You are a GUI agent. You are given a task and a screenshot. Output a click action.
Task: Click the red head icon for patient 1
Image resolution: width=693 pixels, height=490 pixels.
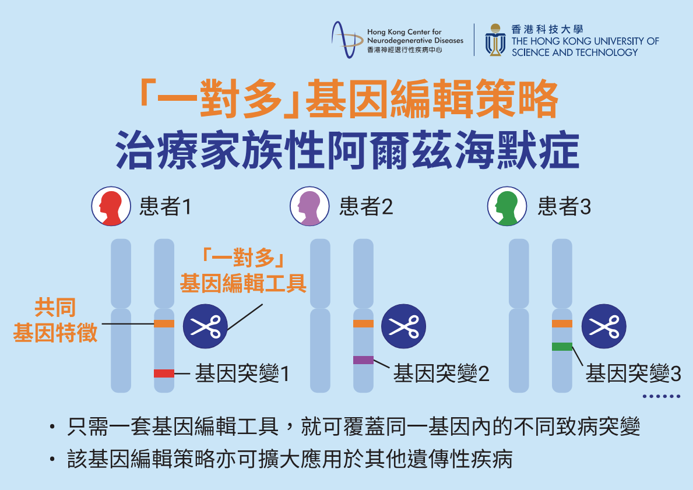(x=110, y=206)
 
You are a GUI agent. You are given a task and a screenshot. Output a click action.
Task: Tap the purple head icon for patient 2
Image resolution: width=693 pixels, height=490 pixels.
(x=309, y=206)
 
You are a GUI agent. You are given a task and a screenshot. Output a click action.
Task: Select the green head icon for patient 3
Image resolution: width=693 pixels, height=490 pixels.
(x=506, y=206)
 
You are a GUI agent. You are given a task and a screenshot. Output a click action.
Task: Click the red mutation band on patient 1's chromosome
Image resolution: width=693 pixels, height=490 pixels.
(x=164, y=373)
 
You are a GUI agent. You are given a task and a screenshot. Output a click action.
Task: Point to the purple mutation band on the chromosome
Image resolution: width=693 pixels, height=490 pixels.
(x=363, y=360)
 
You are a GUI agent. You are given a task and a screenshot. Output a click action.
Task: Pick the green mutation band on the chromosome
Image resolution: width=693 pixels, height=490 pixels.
(x=562, y=347)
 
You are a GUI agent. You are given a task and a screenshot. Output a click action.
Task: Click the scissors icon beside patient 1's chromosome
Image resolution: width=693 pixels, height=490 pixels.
(x=205, y=326)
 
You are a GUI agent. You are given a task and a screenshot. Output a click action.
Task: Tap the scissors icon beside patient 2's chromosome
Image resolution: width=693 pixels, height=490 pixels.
(x=403, y=326)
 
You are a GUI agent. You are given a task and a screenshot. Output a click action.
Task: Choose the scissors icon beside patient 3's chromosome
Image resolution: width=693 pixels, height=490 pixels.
(x=603, y=326)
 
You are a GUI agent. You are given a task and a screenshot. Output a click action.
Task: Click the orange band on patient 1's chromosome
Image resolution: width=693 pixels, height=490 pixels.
(x=164, y=323)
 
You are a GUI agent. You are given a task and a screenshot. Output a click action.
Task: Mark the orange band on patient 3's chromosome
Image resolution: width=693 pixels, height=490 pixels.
(x=562, y=323)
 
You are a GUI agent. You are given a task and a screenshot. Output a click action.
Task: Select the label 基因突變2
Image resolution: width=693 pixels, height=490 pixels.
(x=441, y=373)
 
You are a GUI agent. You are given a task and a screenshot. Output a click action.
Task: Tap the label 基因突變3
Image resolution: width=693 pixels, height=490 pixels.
(x=633, y=373)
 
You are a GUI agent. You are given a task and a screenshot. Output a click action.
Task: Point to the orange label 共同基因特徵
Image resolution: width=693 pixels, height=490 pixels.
(x=55, y=320)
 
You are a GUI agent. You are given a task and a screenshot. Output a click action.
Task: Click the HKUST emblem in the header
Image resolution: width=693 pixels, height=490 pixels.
(x=495, y=40)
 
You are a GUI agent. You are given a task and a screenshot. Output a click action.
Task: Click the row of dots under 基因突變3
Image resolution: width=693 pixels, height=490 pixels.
(x=662, y=396)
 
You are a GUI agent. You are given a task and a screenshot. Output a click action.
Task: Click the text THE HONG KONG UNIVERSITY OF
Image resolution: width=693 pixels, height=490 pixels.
(x=585, y=41)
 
